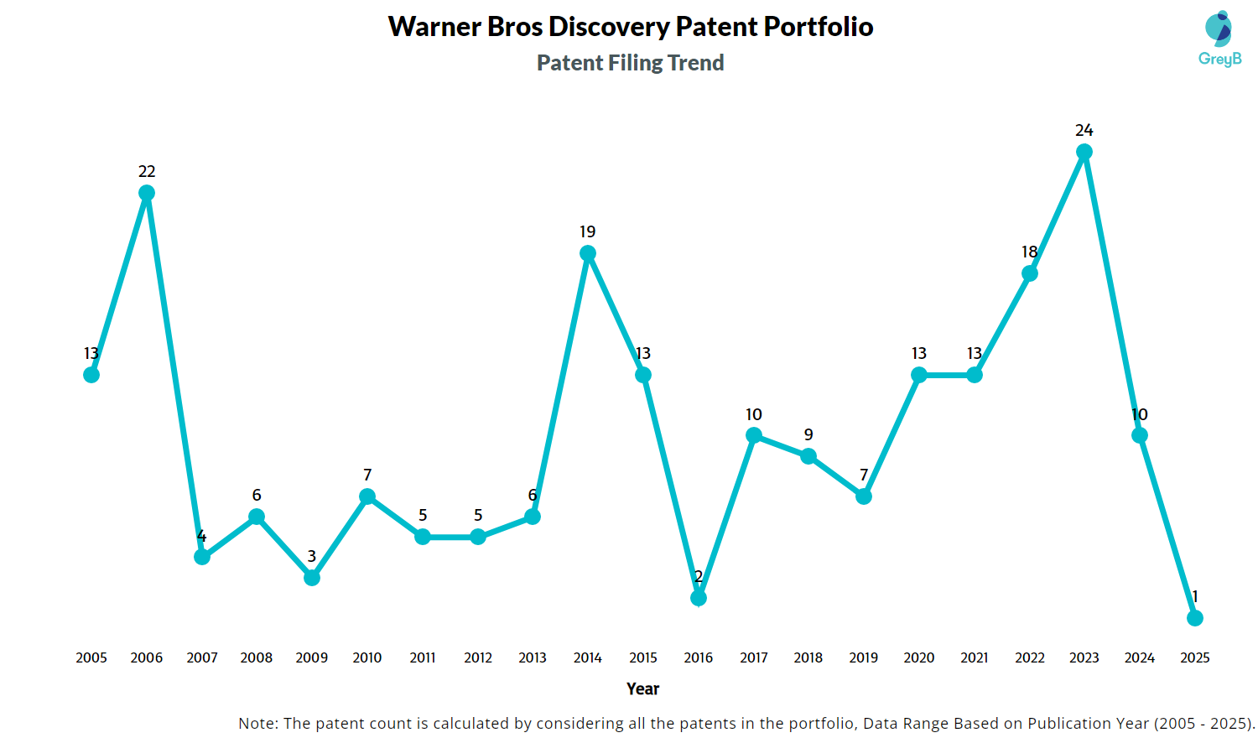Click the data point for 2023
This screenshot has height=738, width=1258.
coord(1084,152)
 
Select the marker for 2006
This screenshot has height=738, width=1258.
coord(147,193)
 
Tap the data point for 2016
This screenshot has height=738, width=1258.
coord(699,598)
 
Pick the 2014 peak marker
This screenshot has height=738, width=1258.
coord(588,253)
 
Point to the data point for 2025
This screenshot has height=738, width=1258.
coord(1195,618)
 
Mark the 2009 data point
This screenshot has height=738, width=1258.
coord(312,578)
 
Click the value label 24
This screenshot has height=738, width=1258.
coord(1084,130)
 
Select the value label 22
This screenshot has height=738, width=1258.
coord(147,171)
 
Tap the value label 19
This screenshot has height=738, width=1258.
coord(588,231)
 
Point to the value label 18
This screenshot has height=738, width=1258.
coord(1030,252)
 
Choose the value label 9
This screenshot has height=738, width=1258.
coord(808,434)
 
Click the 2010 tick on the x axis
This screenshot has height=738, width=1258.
coord(367,657)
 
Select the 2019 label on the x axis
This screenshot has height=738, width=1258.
coord(864,657)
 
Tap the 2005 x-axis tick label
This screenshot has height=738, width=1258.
coord(91,657)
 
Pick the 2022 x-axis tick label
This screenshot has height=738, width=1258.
coord(1030,657)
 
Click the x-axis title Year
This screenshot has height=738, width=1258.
coord(642,689)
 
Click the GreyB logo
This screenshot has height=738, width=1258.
coord(1219,39)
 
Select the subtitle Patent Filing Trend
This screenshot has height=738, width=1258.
coord(630,63)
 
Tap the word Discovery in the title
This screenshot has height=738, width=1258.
coord(609,27)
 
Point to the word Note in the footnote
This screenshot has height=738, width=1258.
coord(257,723)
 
